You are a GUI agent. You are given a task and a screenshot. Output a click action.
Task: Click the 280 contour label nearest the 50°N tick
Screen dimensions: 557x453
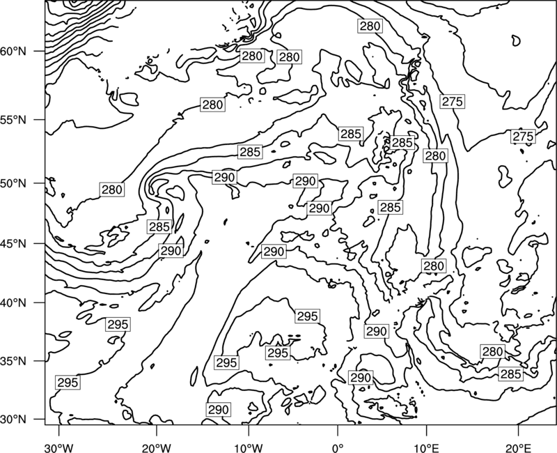(112, 190)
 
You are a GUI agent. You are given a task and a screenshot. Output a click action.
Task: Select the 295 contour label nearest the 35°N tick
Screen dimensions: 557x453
(68, 383)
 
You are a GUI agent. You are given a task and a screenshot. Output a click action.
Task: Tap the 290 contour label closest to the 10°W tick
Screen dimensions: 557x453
(219, 410)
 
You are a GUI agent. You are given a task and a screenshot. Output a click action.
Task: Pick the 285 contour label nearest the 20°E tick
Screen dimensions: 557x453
(511, 374)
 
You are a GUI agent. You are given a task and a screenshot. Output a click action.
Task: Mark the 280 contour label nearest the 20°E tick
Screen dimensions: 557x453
(492, 352)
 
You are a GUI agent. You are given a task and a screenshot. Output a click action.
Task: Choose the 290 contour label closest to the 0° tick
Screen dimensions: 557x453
(361, 378)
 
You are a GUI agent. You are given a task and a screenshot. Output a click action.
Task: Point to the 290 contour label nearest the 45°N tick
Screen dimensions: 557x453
(171, 251)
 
